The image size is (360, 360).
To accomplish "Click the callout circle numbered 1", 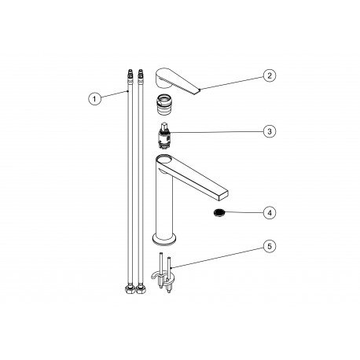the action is [94, 99].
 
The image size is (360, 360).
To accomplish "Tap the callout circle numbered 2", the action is [270, 75].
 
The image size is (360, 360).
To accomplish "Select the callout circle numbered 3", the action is [270, 131].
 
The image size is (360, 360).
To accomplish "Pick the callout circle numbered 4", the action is [270, 213].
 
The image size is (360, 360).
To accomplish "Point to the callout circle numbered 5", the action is [270, 247].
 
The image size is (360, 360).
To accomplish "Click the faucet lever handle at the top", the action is [177, 81].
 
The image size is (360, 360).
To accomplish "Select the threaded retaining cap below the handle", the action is [163, 105].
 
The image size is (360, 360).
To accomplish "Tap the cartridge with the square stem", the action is [163, 135].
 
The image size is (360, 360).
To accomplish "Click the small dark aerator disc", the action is [219, 212].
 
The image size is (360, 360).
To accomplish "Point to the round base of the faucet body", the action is [164, 238].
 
